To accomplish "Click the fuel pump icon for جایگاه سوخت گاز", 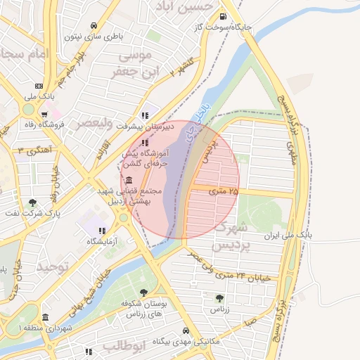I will coord(223,17).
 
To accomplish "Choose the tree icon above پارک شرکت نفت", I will coord(32,202).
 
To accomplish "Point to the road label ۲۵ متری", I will coord(224,191).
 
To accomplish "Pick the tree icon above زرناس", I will coord(220,298).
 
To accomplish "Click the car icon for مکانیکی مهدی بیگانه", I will coord(186,330).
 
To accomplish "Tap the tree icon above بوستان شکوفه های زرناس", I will coord(144,292).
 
